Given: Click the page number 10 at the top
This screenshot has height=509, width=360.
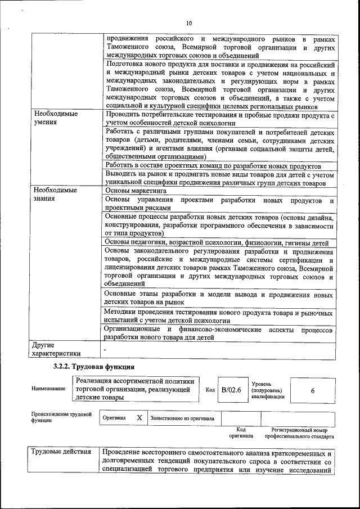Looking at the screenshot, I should tap(188, 23).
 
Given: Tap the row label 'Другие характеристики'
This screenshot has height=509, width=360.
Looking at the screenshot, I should tap(56, 348).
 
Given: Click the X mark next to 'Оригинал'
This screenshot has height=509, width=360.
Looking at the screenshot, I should tap(139, 418).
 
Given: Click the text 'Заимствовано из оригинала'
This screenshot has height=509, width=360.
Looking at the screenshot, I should tap(182, 418).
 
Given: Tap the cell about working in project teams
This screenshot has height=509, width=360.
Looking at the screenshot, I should tap(213, 166).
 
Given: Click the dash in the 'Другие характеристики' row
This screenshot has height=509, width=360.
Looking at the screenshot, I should tap(105, 350).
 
